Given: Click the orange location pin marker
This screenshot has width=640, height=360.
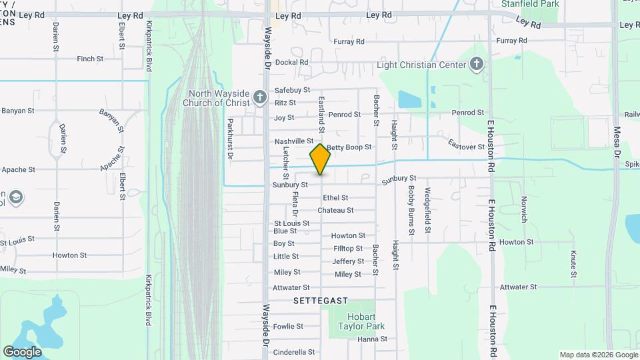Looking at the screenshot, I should (x=321, y=159).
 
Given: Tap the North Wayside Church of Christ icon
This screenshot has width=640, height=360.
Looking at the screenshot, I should (x=261, y=98).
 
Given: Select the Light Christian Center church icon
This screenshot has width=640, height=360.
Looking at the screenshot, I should (x=476, y=65).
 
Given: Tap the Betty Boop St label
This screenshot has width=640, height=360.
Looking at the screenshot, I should (x=349, y=147).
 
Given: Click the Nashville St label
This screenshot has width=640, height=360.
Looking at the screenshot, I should (x=293, y=141).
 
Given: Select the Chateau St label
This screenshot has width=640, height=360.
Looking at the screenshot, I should (x=335, y=211).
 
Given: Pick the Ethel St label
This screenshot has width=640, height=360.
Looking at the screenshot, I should (x=335, y=198).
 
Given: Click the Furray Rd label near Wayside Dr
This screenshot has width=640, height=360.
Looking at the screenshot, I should (x=349, y=41).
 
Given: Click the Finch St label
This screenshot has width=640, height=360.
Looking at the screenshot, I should (x=90, y=59).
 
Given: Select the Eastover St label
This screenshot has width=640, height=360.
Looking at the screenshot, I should (x=466, y=145).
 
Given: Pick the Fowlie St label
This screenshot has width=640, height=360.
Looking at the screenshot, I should (x=288, y=327).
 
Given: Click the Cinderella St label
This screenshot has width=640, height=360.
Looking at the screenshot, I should (x=294, y=352).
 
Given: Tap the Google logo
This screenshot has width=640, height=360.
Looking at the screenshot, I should (x=22, y=351).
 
